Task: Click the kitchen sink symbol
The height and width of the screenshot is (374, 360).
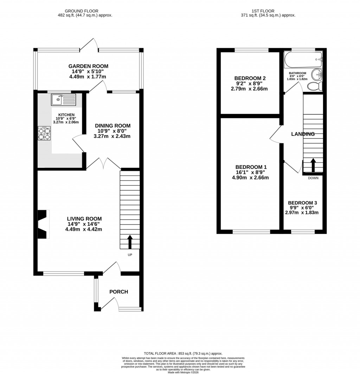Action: coord(63,100)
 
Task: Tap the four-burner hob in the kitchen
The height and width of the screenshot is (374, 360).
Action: coord(44,134)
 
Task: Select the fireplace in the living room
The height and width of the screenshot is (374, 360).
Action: coord(43,224)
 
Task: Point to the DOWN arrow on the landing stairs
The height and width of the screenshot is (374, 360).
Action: coord(313,165)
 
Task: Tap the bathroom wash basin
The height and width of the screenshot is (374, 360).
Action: coord(317,74)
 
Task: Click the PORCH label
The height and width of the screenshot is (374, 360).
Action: coord(118,292)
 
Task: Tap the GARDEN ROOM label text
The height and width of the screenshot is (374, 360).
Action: coord(88,66)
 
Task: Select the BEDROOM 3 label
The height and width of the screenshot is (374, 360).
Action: coord(302,203)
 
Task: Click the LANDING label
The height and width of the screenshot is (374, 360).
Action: coord(302,134)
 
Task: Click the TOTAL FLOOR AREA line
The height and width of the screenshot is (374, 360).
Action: coord(183,354)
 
